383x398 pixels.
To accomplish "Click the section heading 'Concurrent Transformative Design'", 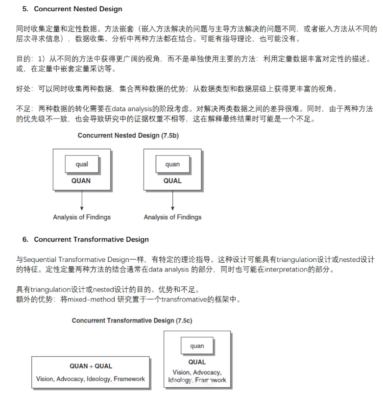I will pos(91,240).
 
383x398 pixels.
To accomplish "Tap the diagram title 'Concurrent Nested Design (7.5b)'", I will pos(128,136).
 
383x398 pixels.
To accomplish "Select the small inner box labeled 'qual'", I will pos(82,165).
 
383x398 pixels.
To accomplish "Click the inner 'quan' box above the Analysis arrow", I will pos(172,165).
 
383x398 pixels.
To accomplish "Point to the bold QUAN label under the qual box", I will pos(81,181).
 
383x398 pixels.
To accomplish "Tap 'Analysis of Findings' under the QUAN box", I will pos(82,217).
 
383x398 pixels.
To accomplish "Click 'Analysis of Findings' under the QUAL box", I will pos(172,217).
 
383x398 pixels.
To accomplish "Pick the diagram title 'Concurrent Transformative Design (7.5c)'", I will pos(132,321).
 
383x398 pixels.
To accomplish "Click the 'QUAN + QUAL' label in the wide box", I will pos(91,366).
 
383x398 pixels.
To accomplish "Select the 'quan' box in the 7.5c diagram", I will pos(197,346).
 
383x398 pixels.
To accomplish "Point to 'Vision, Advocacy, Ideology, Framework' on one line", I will pos(91,379).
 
